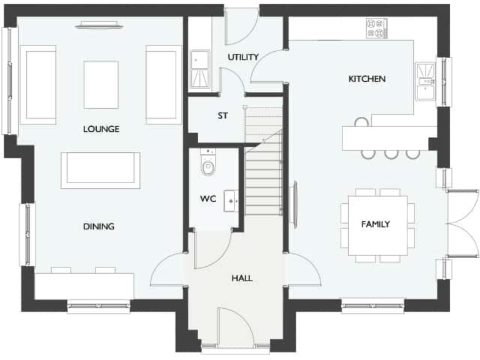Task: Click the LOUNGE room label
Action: click(101, 129)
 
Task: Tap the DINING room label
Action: click(99, 226)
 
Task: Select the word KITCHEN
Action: click(367, 79)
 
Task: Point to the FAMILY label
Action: click(376, 224)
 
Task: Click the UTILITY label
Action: click(243, 57)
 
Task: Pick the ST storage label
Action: click(222, 116)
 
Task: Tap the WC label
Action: click(207, 199)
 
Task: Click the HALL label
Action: click(242, 278)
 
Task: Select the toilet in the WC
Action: click(208, 166)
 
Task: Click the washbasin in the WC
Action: click(232, 199)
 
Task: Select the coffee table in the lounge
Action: click(101, 85)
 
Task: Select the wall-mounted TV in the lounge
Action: click(100, 25)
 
